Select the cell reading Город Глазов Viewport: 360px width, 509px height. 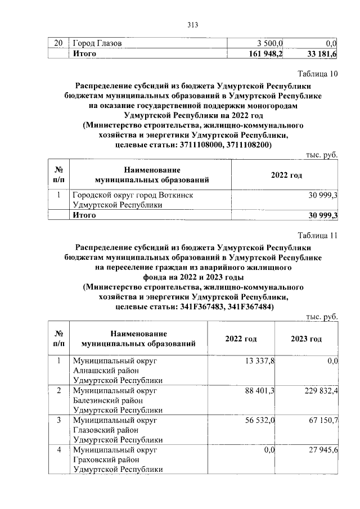(x=98, y=43)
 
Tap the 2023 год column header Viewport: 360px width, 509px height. (x=306, y=339)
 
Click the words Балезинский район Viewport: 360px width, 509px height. (x=106, y=401)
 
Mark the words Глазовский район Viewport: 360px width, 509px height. (x=105, y=430)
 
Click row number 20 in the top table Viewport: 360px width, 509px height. (x=57, y=43)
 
